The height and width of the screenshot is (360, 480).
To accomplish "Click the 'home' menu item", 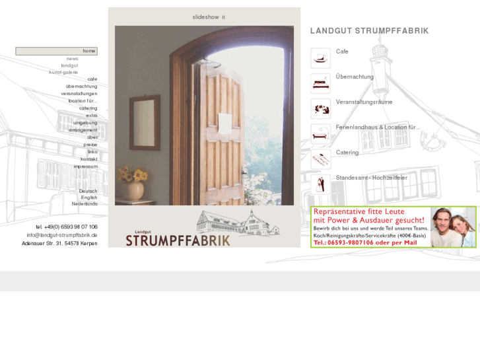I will (88, 51).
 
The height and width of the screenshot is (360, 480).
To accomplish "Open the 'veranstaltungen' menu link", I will (79, 94).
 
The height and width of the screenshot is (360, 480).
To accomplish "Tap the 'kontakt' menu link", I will (89, 159).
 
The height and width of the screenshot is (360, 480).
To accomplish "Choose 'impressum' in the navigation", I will (85, 166).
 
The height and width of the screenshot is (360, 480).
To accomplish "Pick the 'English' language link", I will (89, 198).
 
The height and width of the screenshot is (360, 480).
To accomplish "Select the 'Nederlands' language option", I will (85, 203).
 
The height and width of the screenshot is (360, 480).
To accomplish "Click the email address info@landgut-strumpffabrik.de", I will (62, 235).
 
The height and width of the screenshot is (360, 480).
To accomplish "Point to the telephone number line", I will (67, 227).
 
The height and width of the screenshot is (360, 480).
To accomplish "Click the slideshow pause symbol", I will (223, 17).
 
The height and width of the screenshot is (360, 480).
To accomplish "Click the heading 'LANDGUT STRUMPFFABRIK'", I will (369, 31).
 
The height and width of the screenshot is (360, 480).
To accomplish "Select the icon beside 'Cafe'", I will (320, 57).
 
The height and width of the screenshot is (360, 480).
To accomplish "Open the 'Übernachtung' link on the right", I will (355, 77).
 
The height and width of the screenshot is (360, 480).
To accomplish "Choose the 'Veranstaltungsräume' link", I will (364, 102).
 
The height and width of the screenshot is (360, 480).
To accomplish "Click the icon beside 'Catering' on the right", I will (320, 159).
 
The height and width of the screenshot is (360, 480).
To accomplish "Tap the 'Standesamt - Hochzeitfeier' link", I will (371, 178).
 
